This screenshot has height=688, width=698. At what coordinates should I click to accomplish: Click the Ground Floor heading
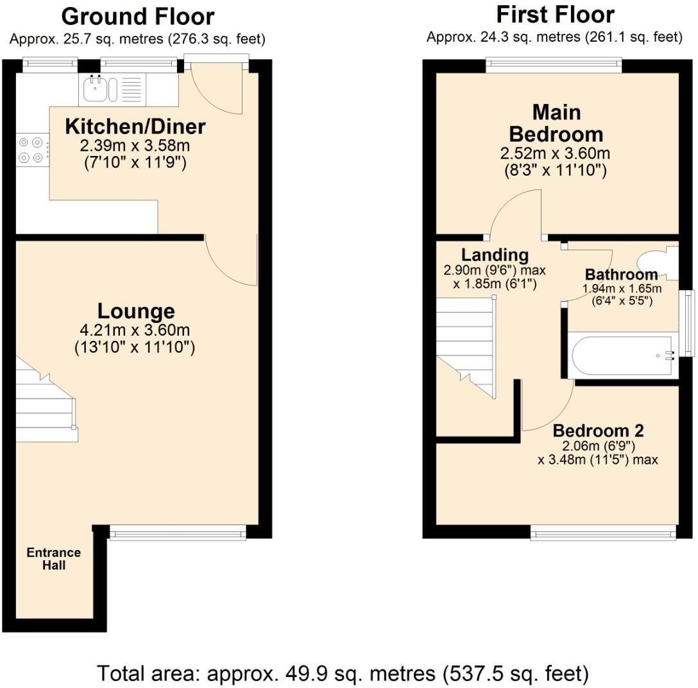point(137,16)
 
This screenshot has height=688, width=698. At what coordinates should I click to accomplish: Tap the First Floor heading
point(554,14)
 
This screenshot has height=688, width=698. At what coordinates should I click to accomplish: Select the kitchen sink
point(98,89)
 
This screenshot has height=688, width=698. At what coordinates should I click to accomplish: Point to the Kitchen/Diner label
point(135,126)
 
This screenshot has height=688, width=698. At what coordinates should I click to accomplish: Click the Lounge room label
point(136,311)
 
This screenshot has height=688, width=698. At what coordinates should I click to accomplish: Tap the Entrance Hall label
point(54,559)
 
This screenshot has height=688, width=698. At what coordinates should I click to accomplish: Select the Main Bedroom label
point(556,123)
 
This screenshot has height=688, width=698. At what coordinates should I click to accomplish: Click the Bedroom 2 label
point(598,431)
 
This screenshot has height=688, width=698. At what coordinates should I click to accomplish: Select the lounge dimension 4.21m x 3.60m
point(135,331)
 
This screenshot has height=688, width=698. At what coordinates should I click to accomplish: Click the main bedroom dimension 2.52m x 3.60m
point(555,154)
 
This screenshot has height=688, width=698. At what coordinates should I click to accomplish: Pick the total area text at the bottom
point(343,673)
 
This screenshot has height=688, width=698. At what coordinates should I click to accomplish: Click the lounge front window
point(178,532)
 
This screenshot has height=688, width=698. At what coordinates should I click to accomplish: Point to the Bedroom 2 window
point(602,531)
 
